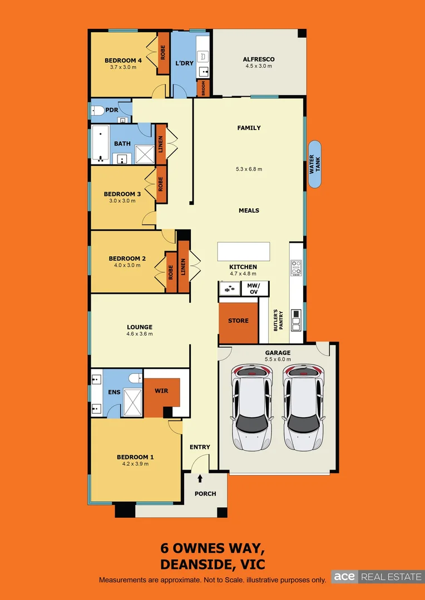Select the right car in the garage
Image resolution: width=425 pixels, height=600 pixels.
point(303,408)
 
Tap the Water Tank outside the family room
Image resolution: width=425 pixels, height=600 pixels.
point(315,164)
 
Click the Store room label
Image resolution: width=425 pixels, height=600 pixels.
point(238,321)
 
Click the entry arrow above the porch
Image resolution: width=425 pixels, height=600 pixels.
point(200,478)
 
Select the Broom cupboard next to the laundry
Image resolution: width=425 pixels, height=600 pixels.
point(204,89)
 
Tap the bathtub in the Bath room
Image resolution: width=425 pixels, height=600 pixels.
point(101,144)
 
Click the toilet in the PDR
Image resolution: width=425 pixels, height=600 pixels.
point(98,110)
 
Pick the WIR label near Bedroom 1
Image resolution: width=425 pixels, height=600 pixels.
point(161,391)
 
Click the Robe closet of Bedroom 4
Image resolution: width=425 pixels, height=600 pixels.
point(164,53)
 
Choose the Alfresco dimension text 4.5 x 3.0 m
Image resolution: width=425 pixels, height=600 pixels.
point(259,66)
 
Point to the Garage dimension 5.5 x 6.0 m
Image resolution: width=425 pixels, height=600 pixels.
point(278,359)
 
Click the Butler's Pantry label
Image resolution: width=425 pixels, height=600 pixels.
point(278,321)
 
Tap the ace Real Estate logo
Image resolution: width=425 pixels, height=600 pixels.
point(378,577)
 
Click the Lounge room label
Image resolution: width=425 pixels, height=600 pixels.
point(139,327)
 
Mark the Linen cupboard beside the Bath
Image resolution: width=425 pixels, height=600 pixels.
point(160,143)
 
